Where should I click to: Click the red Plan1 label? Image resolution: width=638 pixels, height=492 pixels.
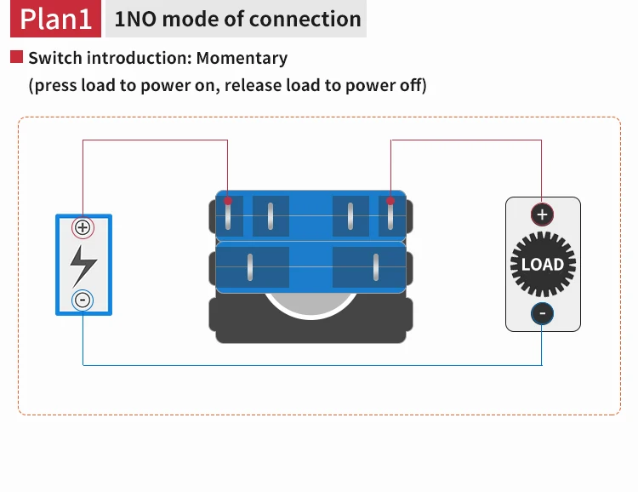[55, 20]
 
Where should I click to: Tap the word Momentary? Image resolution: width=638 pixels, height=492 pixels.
[242, 59]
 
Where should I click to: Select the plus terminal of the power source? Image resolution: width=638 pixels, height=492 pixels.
[83, 227]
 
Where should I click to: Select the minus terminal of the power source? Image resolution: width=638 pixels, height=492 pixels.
[83, 300]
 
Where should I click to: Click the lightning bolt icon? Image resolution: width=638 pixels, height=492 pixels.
[83, 264]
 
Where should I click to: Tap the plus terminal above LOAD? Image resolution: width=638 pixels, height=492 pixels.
[543, 214]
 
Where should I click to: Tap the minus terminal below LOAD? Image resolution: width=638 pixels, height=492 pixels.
[543, 314]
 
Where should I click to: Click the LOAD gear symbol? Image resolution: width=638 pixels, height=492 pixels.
[543, 264]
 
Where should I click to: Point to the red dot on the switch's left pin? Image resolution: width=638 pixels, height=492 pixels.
[228, 202]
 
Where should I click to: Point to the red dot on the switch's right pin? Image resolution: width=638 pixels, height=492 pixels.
[390, 202]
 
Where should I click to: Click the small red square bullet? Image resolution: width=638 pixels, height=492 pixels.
[16, 58]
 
